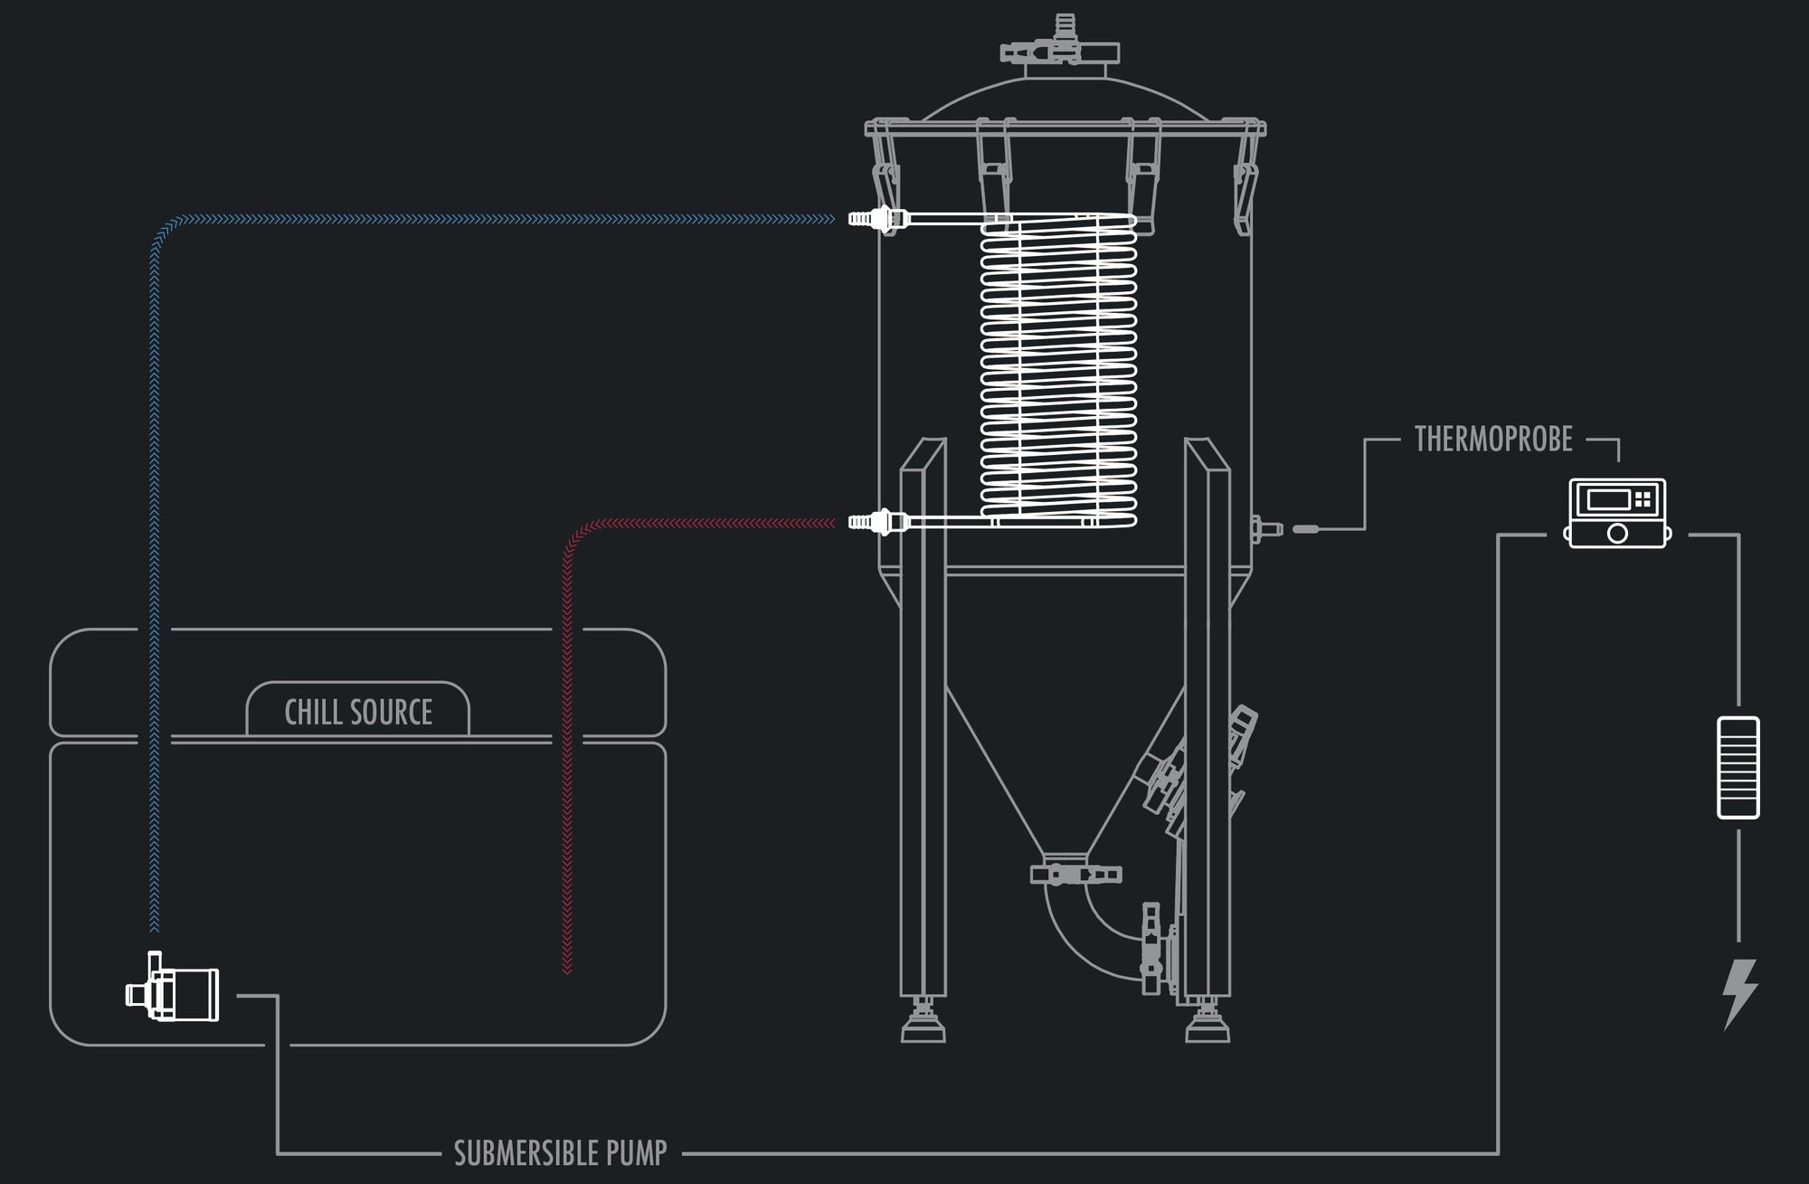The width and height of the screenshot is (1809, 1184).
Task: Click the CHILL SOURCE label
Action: [x=358, y=712]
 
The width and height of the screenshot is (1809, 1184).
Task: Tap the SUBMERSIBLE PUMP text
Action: [x=560, y=1152]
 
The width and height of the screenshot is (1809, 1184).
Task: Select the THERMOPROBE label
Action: [x=1493, y=440]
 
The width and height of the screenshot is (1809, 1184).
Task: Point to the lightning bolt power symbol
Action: [x=1740, y=993]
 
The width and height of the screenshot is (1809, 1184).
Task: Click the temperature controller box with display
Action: [x=1617, y=513]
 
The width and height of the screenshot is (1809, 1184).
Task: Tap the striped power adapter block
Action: [x=1738, y=768]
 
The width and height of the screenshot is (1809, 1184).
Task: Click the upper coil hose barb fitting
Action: [x=876, y=219]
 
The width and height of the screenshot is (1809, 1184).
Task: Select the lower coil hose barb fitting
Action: [x=876, y=521]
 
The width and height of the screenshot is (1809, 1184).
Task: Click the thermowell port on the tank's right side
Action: [x=1263, y=528]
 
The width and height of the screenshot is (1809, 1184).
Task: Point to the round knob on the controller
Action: [x=1617, y=534]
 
